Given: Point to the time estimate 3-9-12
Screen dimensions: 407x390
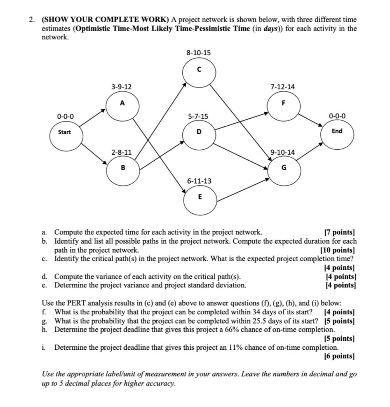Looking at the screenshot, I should [x=122, y=87].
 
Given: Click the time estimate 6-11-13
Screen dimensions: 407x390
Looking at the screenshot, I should [x=199, y=181].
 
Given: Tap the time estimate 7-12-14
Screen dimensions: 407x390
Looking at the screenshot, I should [x=283, y=87].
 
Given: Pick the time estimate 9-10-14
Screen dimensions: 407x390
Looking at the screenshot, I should [x=283, y=152].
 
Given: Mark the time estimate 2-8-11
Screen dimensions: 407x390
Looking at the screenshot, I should [x=122, y=152].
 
